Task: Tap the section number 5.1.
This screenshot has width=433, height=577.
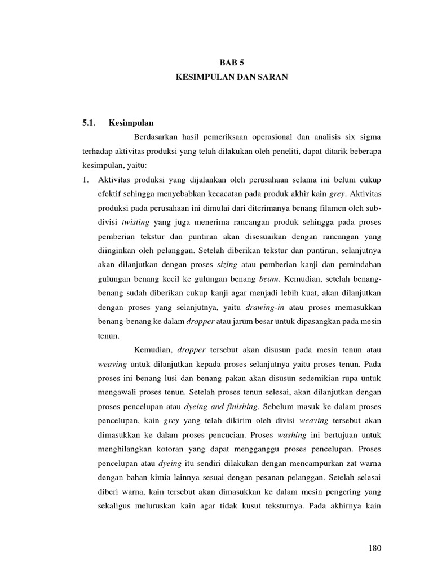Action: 88,122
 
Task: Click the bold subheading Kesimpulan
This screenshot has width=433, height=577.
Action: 132,122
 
